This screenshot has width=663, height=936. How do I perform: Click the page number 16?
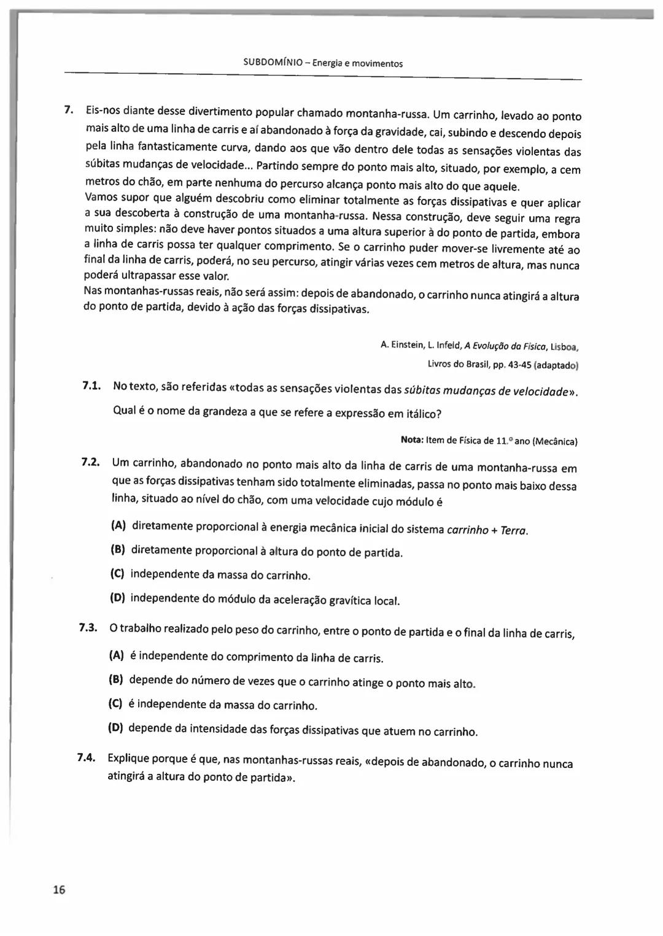[59, 890]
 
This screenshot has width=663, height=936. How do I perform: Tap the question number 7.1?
[91, 385]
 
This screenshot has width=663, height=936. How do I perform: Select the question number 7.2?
[90, 461]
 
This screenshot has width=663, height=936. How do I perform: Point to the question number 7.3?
[88, 627]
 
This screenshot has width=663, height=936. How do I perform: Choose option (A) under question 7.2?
[118, 525]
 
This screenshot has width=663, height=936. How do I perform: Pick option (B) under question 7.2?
[118, 549]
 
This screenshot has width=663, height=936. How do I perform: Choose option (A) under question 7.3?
[116, 655]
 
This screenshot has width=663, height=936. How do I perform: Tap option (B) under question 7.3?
[116, 679]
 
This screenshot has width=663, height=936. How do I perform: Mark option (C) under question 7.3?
[115, 704]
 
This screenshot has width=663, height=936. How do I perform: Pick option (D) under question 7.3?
[115, 728]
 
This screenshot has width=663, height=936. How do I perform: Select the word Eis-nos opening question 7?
[103, 110]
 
